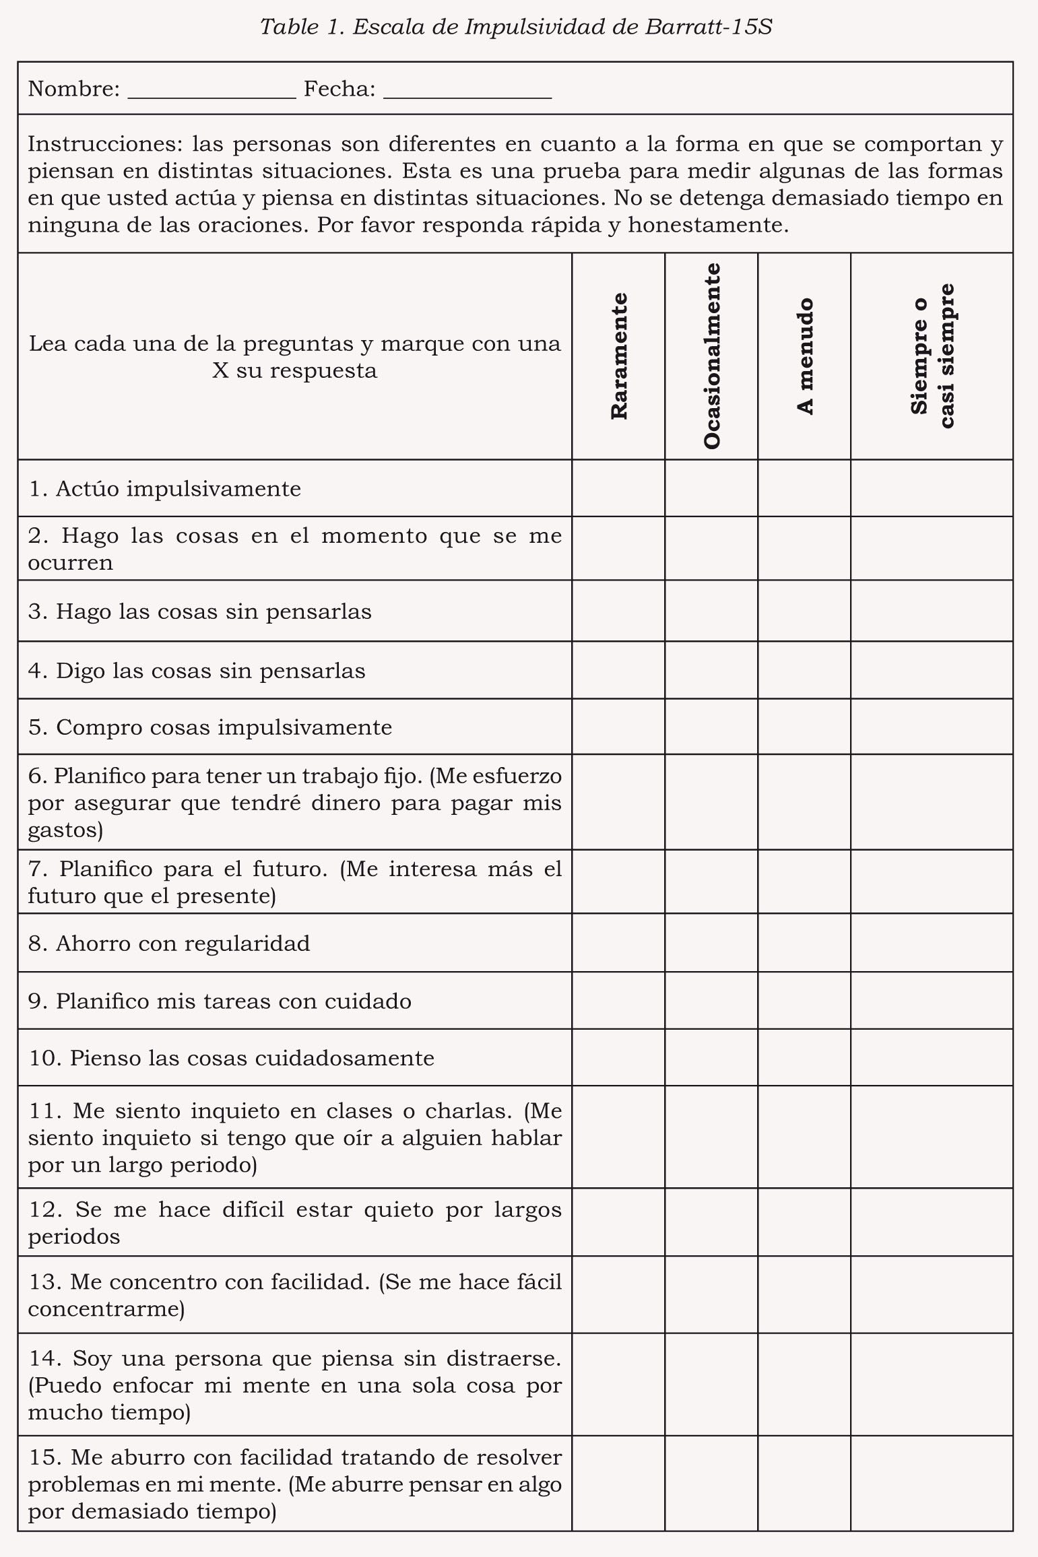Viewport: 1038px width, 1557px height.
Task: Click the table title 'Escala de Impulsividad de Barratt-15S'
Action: (x=516, y=27)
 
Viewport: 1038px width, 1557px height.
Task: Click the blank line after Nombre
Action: (x=212, y=92)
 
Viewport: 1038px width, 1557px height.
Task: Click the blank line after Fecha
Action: (x=467, y=92)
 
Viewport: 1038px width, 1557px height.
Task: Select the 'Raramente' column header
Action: (x=618, y=356)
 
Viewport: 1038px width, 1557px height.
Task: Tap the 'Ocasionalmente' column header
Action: (x=711, y=356)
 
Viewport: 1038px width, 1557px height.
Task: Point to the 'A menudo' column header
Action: (x=804, y=356)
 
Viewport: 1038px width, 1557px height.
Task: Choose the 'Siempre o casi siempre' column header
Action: (x=932, y=356)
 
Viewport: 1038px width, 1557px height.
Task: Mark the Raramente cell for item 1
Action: (x=618, y=488)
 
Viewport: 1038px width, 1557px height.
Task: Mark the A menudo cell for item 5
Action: (x=804, y=727)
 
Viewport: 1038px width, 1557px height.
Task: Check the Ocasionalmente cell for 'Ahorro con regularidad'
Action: (x=711, y=942)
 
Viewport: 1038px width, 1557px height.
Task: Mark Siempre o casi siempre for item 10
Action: (x=932, y=1057)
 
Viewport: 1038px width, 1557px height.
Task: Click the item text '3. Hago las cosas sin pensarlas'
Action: (x=200, y=611)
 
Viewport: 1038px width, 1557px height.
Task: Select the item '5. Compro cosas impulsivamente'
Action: (x=210, y=727)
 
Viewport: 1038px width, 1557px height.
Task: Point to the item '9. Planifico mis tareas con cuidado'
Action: (x=220, y=1001)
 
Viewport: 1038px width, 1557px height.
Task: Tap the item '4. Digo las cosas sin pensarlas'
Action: (x=197, y=671)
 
